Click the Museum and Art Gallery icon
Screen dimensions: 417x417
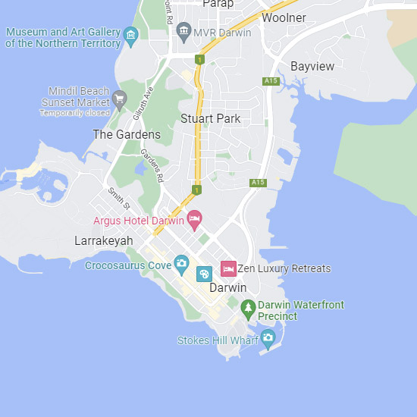(131, 35)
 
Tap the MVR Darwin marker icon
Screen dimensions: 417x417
(183, 32)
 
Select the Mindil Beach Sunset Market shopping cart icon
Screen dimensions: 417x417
(119, 98)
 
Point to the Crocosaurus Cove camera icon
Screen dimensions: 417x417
(181, 265)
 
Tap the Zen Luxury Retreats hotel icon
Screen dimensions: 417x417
(227, 268)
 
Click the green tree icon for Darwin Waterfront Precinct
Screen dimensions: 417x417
(247, 309)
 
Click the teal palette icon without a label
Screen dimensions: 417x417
(204, 274)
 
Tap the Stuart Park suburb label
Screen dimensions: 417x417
(210, 118)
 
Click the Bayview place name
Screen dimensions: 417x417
(312, 67)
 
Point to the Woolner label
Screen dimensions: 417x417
(284, 18)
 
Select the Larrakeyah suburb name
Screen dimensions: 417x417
(104, 241)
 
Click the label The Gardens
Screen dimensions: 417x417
(127, 135)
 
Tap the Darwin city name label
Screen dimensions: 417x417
(227, 288)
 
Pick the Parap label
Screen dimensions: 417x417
(217, 4)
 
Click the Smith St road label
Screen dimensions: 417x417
(119, 199)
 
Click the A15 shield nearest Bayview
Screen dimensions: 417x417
(271, 81)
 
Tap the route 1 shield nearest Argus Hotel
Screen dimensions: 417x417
(197, 190)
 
